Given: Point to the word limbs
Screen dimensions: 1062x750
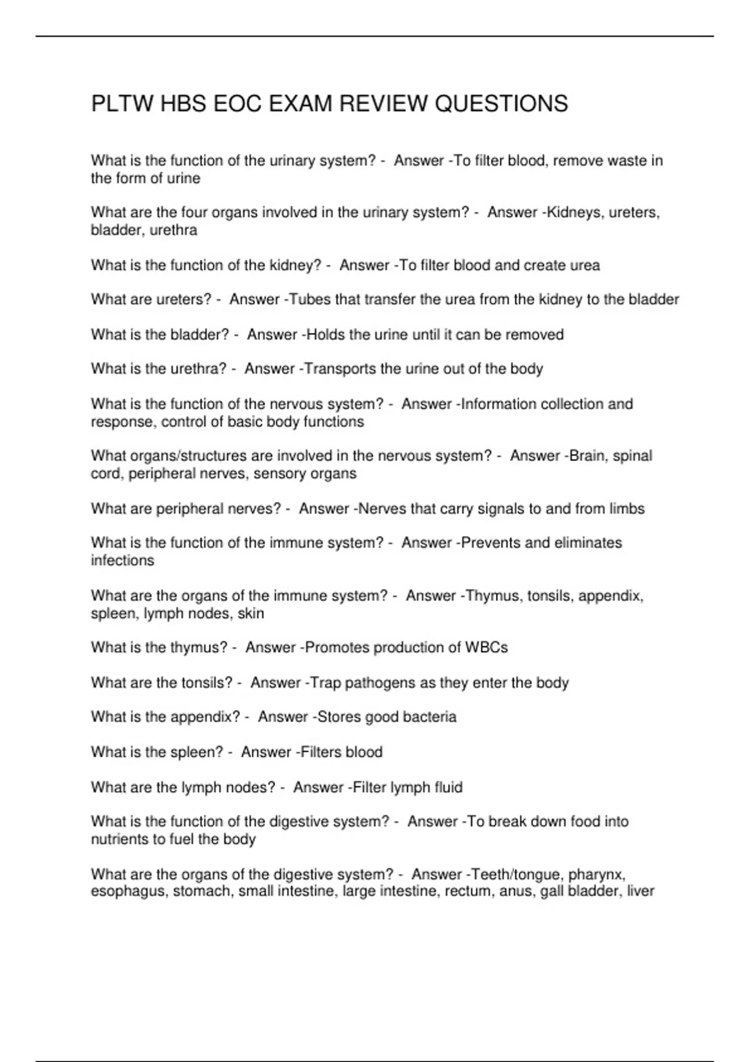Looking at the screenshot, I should (x=627, y=509).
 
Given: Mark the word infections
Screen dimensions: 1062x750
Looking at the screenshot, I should (x=122, y=560).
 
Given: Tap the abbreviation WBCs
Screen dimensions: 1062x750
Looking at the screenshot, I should (x=486, y=648).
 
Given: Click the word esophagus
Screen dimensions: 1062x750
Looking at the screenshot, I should (x=128, y=891).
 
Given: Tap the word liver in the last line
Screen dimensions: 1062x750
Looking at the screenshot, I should (x=641, y=891).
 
